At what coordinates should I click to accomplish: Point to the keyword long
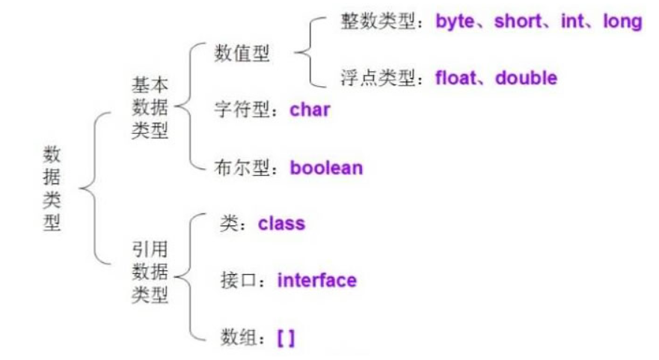(623, 21)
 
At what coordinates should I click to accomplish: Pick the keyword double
(526, 78)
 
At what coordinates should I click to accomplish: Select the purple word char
(310, 111)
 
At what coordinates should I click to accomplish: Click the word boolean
(326, 168)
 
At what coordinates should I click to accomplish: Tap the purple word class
(281, 223)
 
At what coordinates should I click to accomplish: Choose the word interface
(316, 281)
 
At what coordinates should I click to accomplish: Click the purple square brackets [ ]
(286, 338)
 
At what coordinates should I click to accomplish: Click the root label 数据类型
(52, 188)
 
